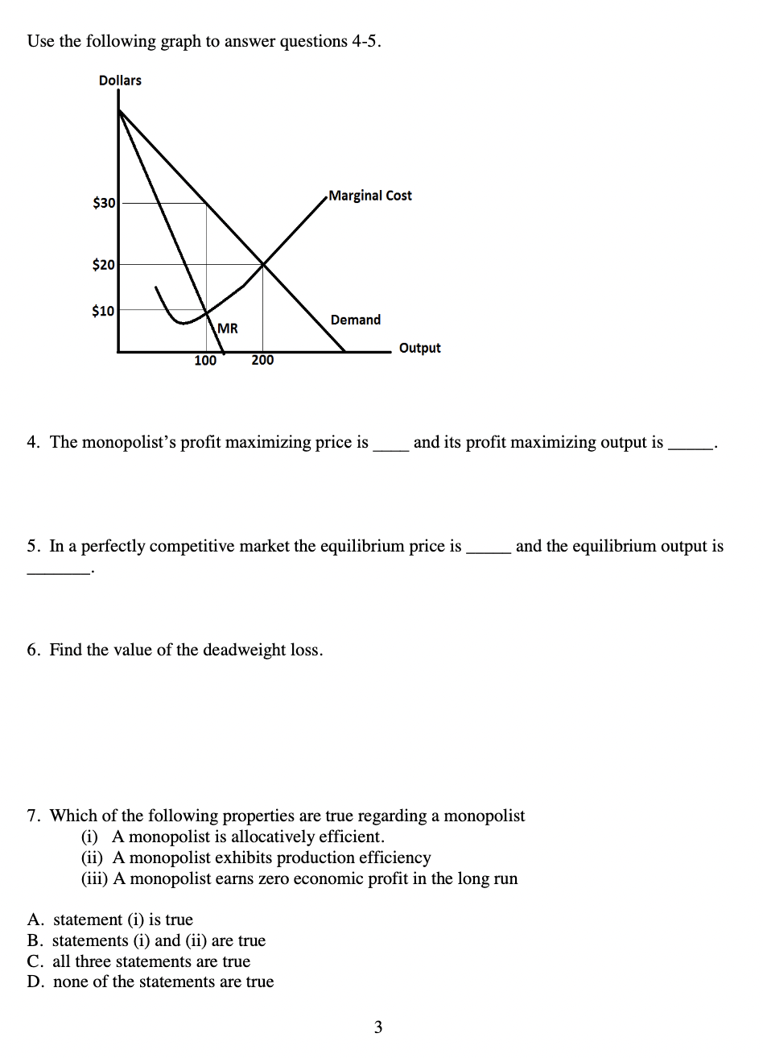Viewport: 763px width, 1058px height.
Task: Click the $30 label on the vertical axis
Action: (104, 203)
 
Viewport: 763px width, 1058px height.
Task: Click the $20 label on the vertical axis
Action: (104, 264)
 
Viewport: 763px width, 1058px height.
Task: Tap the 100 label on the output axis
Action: (205, 361)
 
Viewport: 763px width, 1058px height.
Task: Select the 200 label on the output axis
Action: (262, 360)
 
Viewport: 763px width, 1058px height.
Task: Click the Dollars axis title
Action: (120, 81)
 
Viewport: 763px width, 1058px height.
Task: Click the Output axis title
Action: (419, 348)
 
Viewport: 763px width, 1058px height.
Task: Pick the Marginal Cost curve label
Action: (370, 196)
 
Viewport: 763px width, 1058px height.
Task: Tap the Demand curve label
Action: (355, 320)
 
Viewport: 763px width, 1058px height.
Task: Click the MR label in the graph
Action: (228, 328)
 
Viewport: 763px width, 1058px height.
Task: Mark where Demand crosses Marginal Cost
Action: (263, 263)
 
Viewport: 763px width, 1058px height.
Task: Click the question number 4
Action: (33, 442)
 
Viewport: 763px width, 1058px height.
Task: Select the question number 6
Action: (33, 650)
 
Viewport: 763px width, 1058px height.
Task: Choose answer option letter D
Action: (34, 982)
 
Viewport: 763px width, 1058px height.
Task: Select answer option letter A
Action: (34, 920)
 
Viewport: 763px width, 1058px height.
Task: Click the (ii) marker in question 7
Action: (95, 858)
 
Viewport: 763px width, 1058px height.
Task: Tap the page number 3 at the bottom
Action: (378, 1027)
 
